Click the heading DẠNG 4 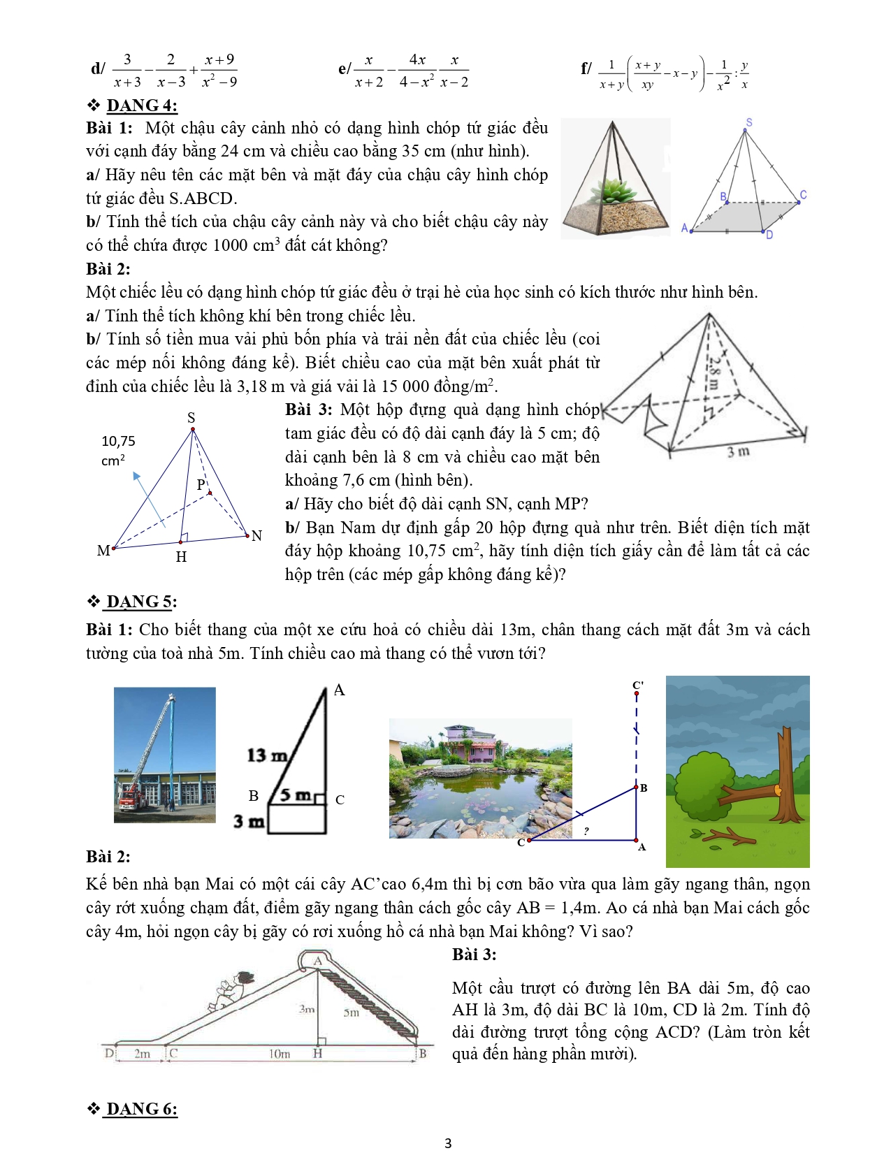click(142, 106)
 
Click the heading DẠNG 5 click(141, 602)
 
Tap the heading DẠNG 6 click(142, 1109)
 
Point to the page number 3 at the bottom click(448, 1143)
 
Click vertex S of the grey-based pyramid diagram click(748, 123)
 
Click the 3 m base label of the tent click(738, 452)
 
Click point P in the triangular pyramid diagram click(202, 484)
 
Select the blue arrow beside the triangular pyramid click(147, 498)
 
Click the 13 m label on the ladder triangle click(266, 755)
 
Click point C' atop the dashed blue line click(637, 686)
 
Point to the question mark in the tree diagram click(586, 831)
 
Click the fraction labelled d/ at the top click(165, 71)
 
